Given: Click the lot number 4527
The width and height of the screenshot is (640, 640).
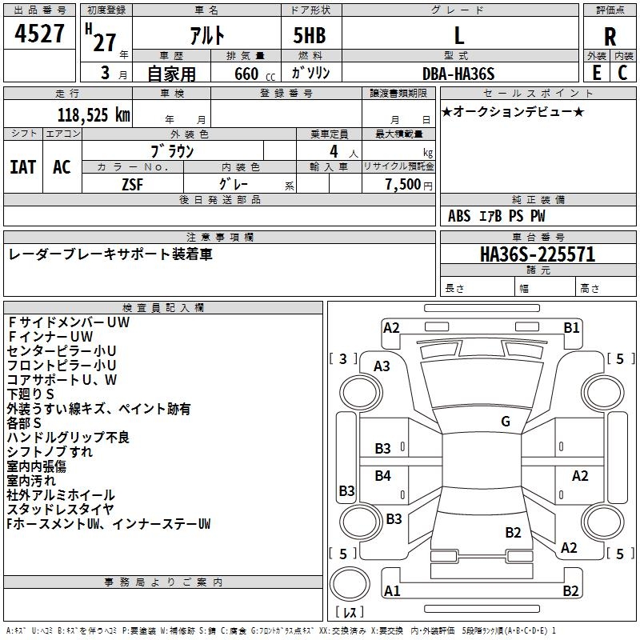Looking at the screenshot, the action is coord(40,36).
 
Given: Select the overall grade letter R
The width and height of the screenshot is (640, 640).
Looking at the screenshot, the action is coord(610,36).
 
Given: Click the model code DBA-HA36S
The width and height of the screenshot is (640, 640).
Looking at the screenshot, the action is coord(458,74).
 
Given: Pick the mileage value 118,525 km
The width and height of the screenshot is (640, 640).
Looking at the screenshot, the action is coord(94,115).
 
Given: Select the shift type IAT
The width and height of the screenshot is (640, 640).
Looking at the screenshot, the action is coord(22,166).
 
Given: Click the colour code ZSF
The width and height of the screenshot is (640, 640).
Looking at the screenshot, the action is coord(133,184).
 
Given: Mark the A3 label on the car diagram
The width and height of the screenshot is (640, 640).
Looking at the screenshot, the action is coord(382,366).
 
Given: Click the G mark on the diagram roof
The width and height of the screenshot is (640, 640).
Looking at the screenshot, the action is coord(506,421).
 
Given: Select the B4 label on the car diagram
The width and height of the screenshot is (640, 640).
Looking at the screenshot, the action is coord(383,476).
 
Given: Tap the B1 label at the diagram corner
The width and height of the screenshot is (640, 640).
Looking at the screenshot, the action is coord(571,327).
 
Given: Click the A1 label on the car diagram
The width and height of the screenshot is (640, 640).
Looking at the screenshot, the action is coord(392,591).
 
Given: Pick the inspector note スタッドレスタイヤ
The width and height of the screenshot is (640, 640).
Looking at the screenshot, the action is coord(61,510).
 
